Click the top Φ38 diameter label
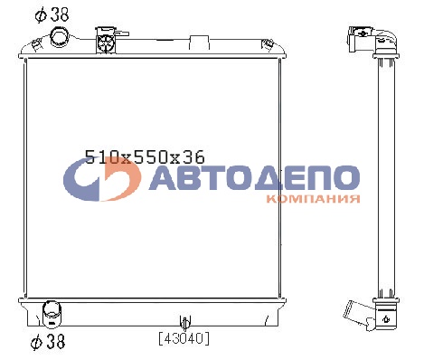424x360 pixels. coord(52,14)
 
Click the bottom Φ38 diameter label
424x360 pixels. coord(48,341)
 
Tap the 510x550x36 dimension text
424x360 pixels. coord(145,156)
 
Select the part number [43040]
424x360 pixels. coord(184,338)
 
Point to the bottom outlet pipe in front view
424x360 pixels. coord(52,314)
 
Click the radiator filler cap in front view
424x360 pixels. coord(106,41)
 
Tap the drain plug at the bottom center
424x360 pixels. coord(185,322)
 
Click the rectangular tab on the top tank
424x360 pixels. coord(199,43)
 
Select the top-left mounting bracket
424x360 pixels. coord(36,44)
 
